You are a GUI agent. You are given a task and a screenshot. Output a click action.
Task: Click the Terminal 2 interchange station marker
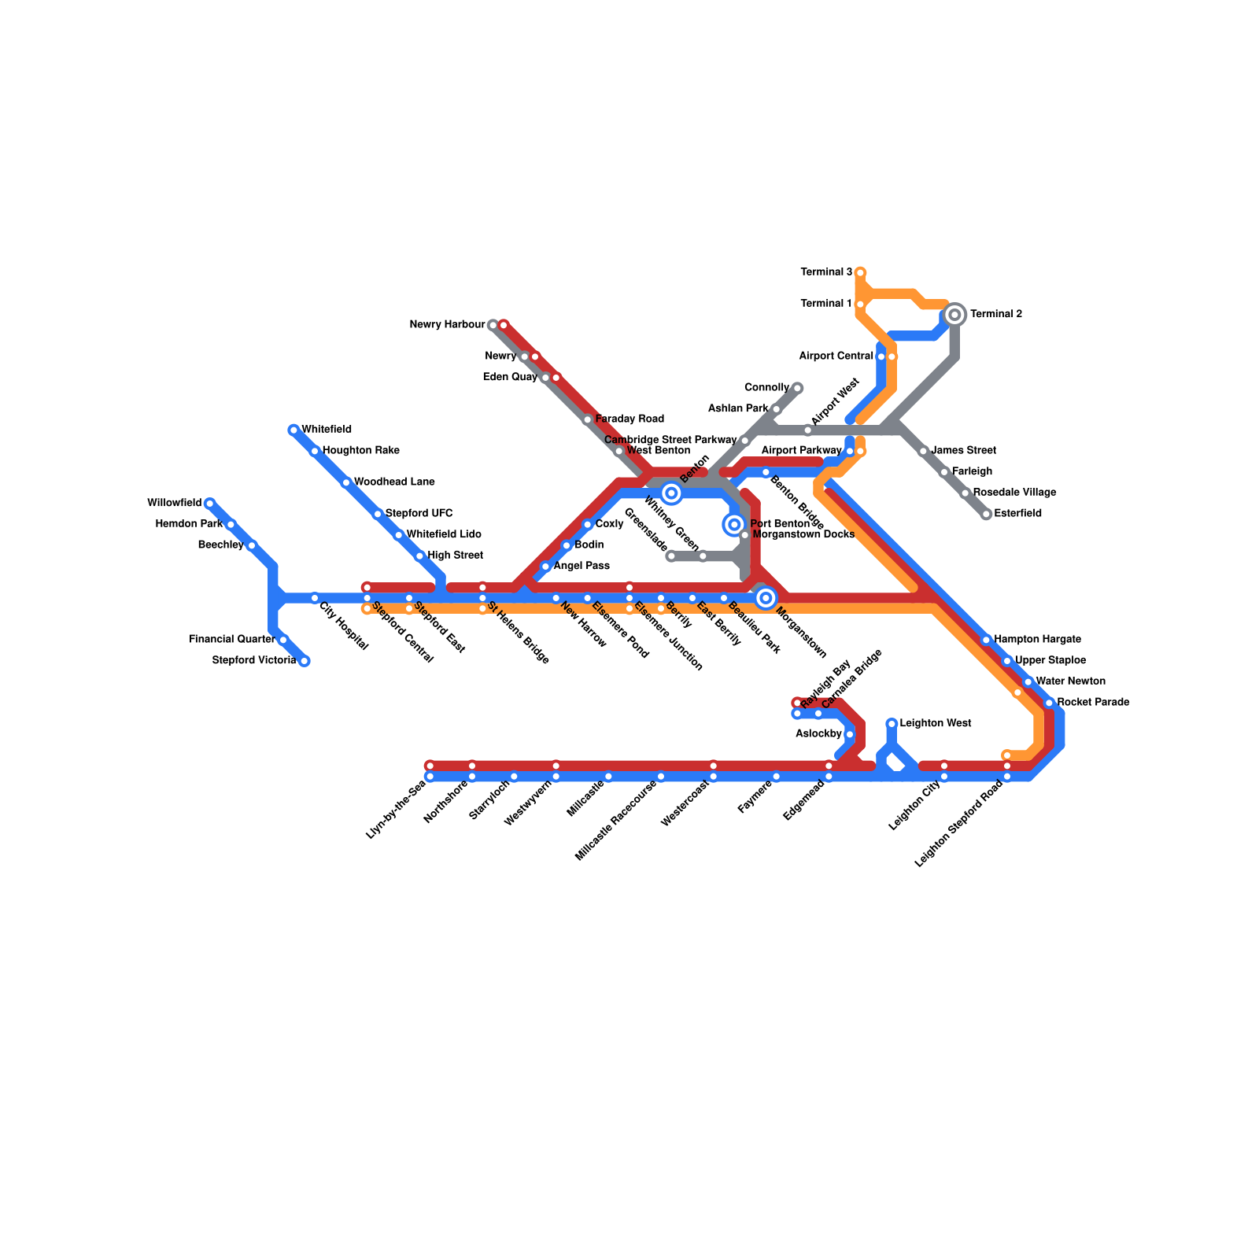click(x=954, y=315)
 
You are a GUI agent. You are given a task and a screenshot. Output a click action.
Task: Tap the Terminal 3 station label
click(x=826, y=272)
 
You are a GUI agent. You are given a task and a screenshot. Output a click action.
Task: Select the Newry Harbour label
click(x=447, y=324)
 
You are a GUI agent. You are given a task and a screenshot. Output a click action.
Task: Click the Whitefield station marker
click(x=294, y=430)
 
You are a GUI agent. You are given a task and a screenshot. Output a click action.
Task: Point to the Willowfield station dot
click(x=209, y=503)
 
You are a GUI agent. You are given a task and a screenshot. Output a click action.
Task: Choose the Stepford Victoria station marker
click(x=305, y=661)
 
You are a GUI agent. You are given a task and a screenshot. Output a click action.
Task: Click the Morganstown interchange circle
click(x=766, y=598)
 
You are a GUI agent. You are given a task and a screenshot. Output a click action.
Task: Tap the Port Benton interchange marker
click(x=734, y=524)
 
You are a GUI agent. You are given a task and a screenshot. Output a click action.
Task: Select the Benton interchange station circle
click(x=671, y=493)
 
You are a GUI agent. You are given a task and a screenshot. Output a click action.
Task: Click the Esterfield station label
click(x=1017, y=513)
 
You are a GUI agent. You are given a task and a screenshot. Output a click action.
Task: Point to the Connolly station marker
click(x=797, y=388)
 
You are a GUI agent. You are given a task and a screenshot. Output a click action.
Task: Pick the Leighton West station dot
click(x=892, y=724)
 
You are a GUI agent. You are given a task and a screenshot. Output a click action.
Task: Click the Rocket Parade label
click(x=1093, y=702)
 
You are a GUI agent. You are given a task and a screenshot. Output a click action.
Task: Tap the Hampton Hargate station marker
click(x=986, y=640)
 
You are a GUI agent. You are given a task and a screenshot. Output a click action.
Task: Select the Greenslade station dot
click(x=671, y=556)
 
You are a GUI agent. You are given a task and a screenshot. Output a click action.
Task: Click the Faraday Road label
click(x=629, y=419)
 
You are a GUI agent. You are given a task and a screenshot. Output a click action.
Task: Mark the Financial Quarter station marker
click(x=283, y=640)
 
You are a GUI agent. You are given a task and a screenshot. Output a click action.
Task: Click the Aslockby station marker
click(x=849, y=734)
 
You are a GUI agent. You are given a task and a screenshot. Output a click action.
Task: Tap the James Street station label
click(x=963, y=450)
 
